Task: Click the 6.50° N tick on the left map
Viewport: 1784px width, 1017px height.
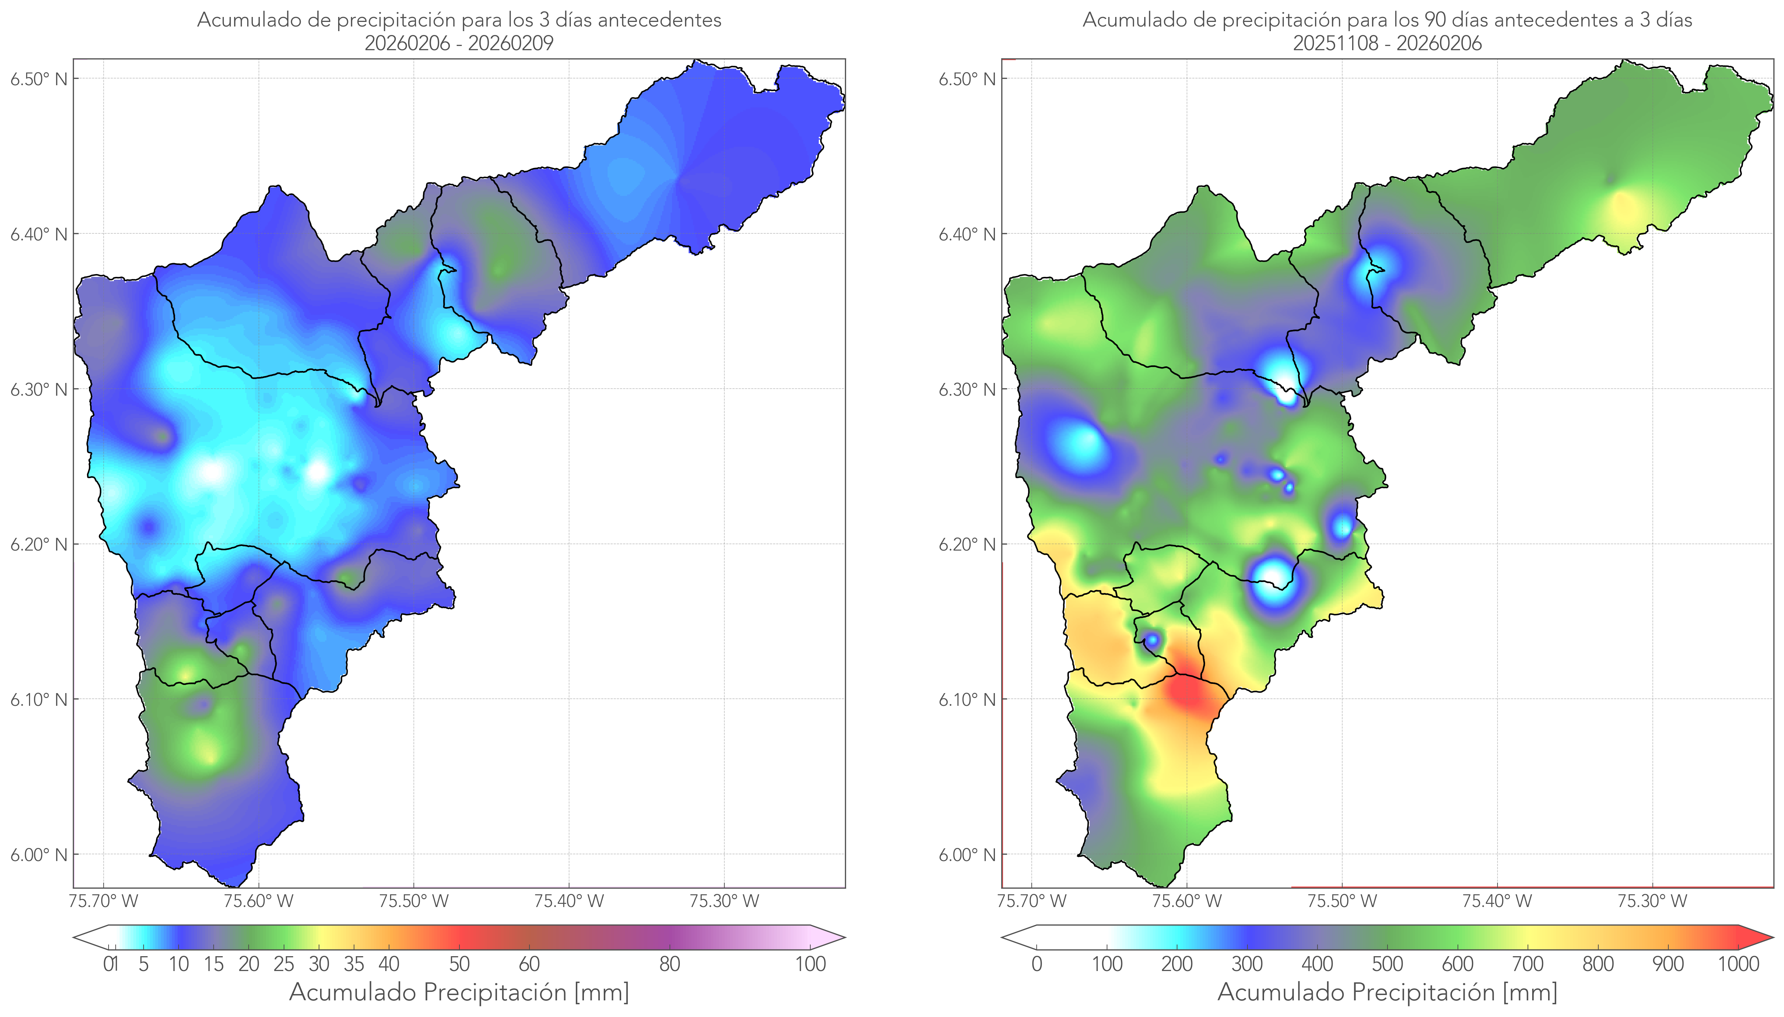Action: [39, 78]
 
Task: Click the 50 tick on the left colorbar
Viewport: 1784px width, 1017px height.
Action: [459, 964]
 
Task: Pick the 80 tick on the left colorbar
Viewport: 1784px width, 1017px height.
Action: [669, 964]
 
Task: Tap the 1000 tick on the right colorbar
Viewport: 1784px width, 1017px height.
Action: [1738, 964]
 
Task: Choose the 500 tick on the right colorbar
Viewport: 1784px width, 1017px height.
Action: [1387, 964]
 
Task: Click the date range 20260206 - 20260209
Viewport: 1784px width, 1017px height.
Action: [459, 43]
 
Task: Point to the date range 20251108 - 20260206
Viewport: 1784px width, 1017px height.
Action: [1387, 43]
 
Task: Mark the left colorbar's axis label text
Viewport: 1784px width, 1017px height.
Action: [459, 992]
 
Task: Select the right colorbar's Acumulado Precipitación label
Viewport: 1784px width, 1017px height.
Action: [1387, 992]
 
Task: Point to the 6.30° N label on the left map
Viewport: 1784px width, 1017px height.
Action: [39, 389]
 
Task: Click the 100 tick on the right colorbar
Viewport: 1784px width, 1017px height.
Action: [1107, 964]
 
